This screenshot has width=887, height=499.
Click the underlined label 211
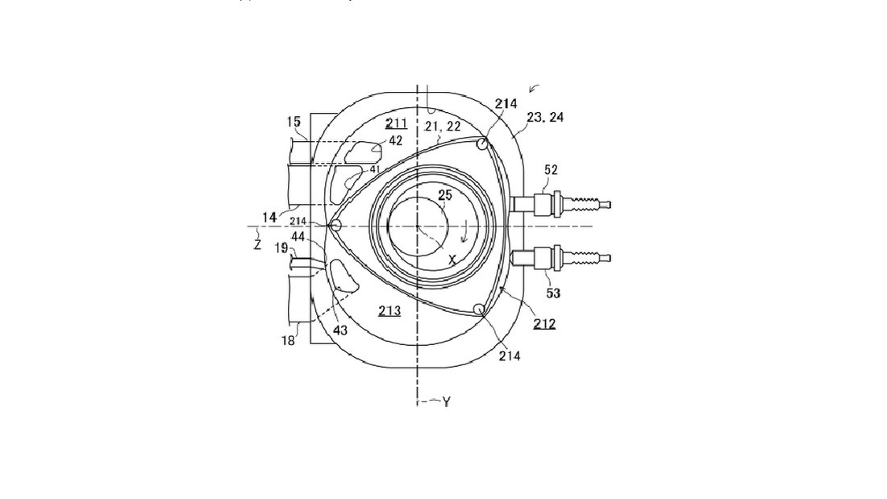(x=396, y=123)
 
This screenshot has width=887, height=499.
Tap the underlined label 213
(x=389, y=310)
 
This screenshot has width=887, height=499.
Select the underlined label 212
(x=544, y=323)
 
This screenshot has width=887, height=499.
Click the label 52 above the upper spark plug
(x=551, y=170)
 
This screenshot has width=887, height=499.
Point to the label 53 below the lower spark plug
(x=552, y=293)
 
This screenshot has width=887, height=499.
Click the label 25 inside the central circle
(x=445, y=195)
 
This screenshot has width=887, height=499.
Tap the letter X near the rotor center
(x=452, y=260)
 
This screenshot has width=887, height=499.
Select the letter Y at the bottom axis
(x=447, y=401)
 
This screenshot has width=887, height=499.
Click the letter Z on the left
(x=257, y=245)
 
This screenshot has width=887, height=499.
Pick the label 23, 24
(x=545, y=117)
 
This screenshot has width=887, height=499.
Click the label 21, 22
(x=443, y=127)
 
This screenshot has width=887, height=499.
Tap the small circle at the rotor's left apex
(x=335, y=226)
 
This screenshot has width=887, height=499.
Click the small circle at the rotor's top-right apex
(x=482, y=143)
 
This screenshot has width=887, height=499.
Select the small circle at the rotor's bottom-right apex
(x=479, y=309)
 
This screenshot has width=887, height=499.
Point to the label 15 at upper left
(x=294, y=122)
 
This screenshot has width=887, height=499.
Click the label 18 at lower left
(x=288, y=340)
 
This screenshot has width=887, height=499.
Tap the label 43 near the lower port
(x=340, y=331)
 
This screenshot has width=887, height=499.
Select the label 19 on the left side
(x=281, y=247)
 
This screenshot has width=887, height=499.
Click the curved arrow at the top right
(x=534, y=88)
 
